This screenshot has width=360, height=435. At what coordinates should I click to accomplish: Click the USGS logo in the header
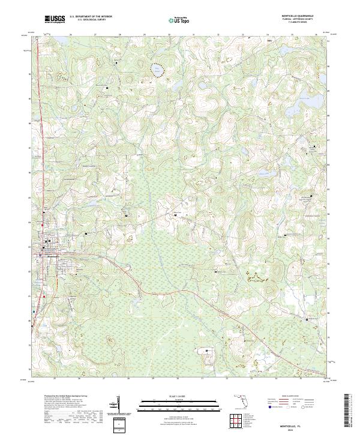pos(55,20)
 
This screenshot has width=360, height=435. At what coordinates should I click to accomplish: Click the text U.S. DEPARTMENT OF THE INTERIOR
pos(91,17)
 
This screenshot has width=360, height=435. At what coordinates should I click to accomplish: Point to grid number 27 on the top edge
pos(95,34)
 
